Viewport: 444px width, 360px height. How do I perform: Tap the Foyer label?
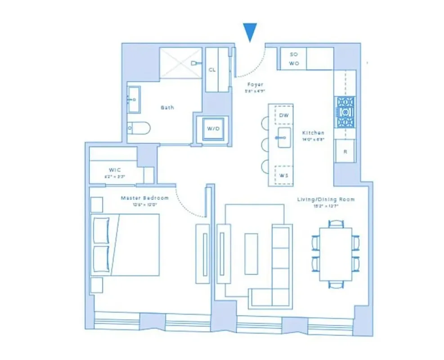(x=254, y=85)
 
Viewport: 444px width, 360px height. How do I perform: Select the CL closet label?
(x=212, y=70)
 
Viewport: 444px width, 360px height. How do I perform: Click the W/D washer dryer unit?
(x=213, y=129)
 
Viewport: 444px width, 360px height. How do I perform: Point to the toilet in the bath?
(x=138, y=128)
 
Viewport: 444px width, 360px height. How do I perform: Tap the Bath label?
(x=167, y=108)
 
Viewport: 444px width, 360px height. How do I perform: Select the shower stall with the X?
(x=180, y=63)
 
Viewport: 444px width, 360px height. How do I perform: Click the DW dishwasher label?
(x=283, y=116)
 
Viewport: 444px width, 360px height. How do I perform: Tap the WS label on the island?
(x=283, y=175)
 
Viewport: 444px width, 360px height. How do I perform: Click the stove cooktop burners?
(x=345, y=112)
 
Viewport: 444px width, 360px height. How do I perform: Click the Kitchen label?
(x=313, y=133)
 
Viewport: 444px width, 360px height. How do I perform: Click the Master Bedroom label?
(x=144, y=198)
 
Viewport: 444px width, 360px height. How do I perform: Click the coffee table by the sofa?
(x=251, y=253)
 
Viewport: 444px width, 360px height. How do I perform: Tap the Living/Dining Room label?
(x=326, y=199)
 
